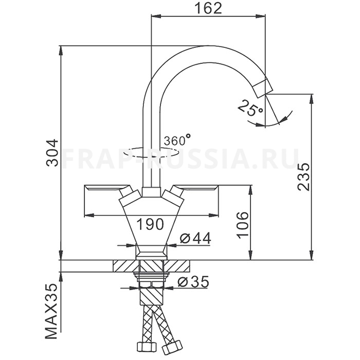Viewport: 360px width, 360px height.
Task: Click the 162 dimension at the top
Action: [x=208, y=8]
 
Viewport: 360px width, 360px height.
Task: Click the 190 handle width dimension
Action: [x=150, y=224]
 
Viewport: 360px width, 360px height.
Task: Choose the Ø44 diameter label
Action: [x=195, y=238]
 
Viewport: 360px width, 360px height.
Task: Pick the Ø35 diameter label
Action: [x=193, y=281]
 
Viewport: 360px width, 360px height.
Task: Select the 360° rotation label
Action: [x=177, y=140]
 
